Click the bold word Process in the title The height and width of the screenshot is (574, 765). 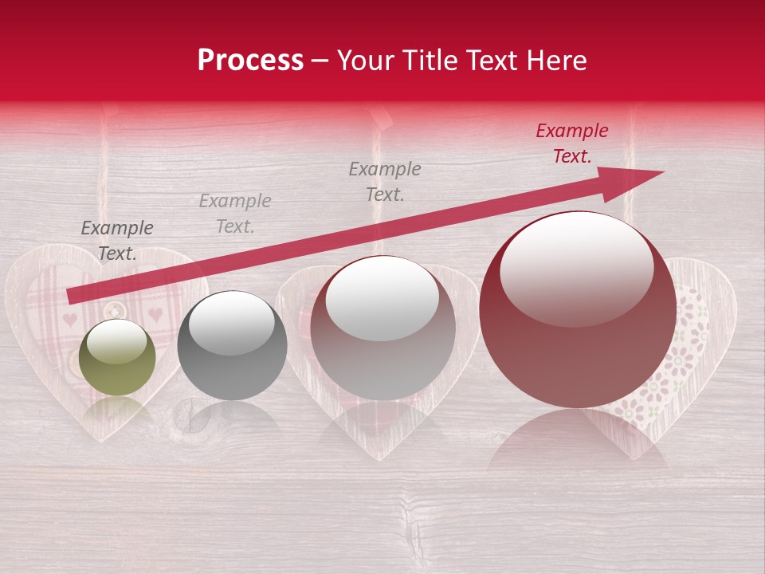pos(250,61)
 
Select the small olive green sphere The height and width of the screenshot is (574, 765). pos(118,357)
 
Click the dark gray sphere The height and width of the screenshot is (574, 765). pos(232,345)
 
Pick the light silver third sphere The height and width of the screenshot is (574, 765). pos(383,328)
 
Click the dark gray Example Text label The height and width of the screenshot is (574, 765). pos(116,241)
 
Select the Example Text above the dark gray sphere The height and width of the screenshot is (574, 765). pos(235,214)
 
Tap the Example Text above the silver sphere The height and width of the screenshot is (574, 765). pos(385,181)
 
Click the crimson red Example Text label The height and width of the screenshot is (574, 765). pos(571,143)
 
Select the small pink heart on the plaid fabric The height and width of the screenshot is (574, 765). pos(70,320)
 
